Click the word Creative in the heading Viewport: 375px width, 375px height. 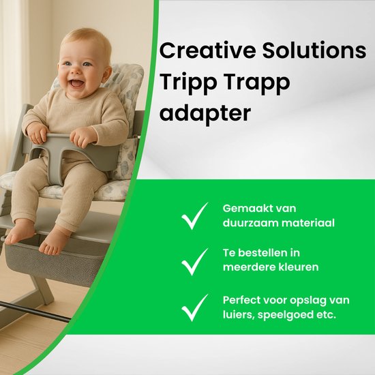coord(207,50)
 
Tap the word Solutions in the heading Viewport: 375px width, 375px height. coord(314,50)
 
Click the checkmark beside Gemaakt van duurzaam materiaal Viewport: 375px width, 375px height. coord(195,216)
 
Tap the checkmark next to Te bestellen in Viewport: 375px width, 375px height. coord(195,262)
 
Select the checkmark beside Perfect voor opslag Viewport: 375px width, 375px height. coord(195,307)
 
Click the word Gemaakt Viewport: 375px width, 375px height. coord(246,209)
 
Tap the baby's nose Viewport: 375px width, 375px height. coord(76,71)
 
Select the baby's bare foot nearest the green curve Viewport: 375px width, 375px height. coord(55,242)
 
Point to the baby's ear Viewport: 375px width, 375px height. coord(106,74)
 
